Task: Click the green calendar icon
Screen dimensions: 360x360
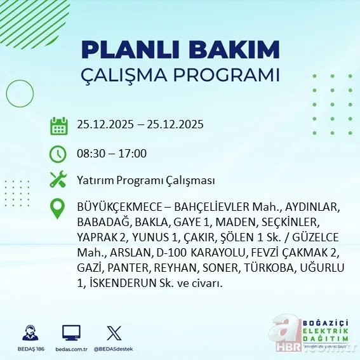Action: click(58, 125)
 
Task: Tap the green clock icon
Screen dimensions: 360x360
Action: click(58, 153)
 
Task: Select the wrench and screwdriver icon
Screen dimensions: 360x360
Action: click(58, 180)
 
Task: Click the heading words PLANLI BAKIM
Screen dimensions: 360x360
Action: click(181, 49)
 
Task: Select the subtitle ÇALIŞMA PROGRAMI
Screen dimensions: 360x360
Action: click(181, 74)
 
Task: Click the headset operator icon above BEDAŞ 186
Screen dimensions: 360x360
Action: click(30, 333)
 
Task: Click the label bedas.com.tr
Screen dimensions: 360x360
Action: click(71, 349)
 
